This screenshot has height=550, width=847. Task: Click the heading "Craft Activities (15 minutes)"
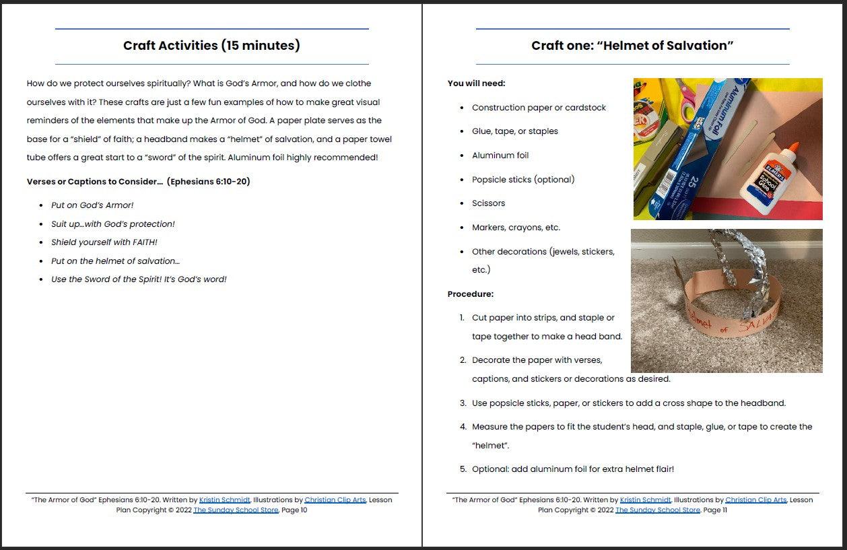point(211,46)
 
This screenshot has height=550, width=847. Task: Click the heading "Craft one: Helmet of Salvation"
point(632,46)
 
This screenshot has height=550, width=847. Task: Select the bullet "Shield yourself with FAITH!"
point(104,242)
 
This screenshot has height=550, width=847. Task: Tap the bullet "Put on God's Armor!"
point(92,205)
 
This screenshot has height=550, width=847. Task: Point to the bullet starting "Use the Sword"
point(139,279)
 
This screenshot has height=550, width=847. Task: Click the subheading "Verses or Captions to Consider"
point(138,182)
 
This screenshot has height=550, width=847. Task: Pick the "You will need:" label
point(476,83)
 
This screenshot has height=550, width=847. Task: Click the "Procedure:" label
point(470,294)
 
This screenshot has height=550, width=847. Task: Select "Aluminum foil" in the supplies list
point(500,156)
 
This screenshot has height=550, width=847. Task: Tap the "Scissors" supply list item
point(488,203)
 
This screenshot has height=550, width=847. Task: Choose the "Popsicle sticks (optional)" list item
point(523,180)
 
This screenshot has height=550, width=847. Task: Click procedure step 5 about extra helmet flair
point(572,469)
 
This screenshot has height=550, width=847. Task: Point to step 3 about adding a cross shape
point(628,403)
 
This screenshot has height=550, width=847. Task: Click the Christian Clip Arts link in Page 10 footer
point(335,500)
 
